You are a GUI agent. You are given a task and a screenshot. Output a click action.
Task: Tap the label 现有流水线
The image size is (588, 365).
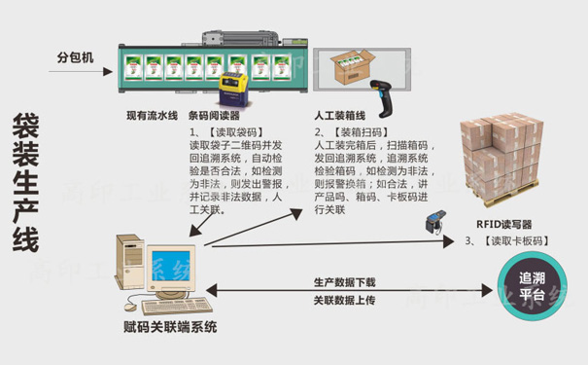pos(152,116)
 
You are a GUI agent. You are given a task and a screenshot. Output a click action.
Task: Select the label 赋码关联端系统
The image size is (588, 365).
pos(170,326)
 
